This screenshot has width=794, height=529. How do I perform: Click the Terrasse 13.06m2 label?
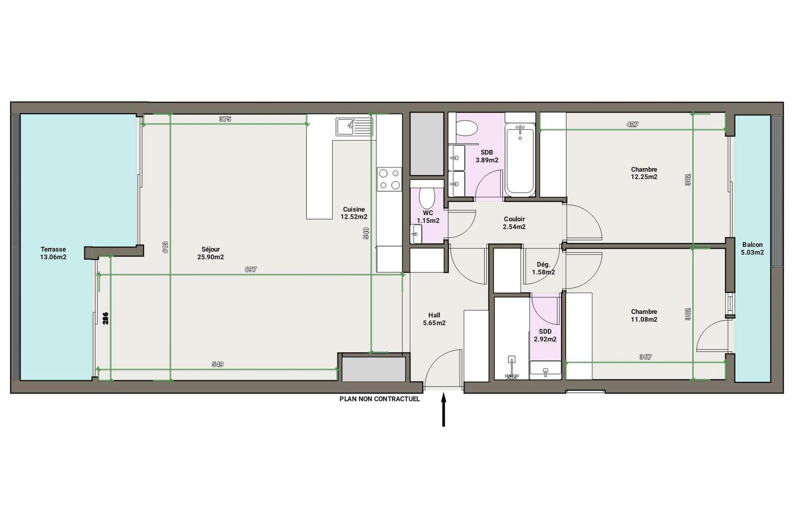tap(53, 253)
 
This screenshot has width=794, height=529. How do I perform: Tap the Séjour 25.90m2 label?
tap(210, 253)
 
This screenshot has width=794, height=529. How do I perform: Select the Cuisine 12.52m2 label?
tap(354, 213)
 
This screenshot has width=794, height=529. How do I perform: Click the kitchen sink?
tap(354, 127)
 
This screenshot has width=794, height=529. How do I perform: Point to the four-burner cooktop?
tap(389, 179)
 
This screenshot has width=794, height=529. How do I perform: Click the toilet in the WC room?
tap(427, 197)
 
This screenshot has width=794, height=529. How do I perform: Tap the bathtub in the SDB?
tap(520, 160)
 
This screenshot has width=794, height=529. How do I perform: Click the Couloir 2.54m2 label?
tap(514, 223)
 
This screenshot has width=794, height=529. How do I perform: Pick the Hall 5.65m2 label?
tap(434, 319)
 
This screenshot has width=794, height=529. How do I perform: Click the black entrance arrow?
tap(443, 409)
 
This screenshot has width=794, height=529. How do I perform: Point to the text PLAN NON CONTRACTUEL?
tap(380, 399)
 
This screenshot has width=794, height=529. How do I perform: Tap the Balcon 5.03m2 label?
tap(752, 248)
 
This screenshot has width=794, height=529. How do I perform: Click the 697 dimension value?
tap(251, 269)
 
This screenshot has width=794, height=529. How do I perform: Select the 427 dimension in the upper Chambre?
tap(632, 125)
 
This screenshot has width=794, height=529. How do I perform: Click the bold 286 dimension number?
tap(106, 318)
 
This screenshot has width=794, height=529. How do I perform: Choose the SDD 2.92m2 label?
tap(545, 335)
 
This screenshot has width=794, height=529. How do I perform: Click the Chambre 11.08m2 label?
tap(644, 315)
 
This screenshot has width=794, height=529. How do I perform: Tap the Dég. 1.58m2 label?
tap(543, 268)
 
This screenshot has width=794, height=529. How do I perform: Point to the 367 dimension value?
tap(646, 357)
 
